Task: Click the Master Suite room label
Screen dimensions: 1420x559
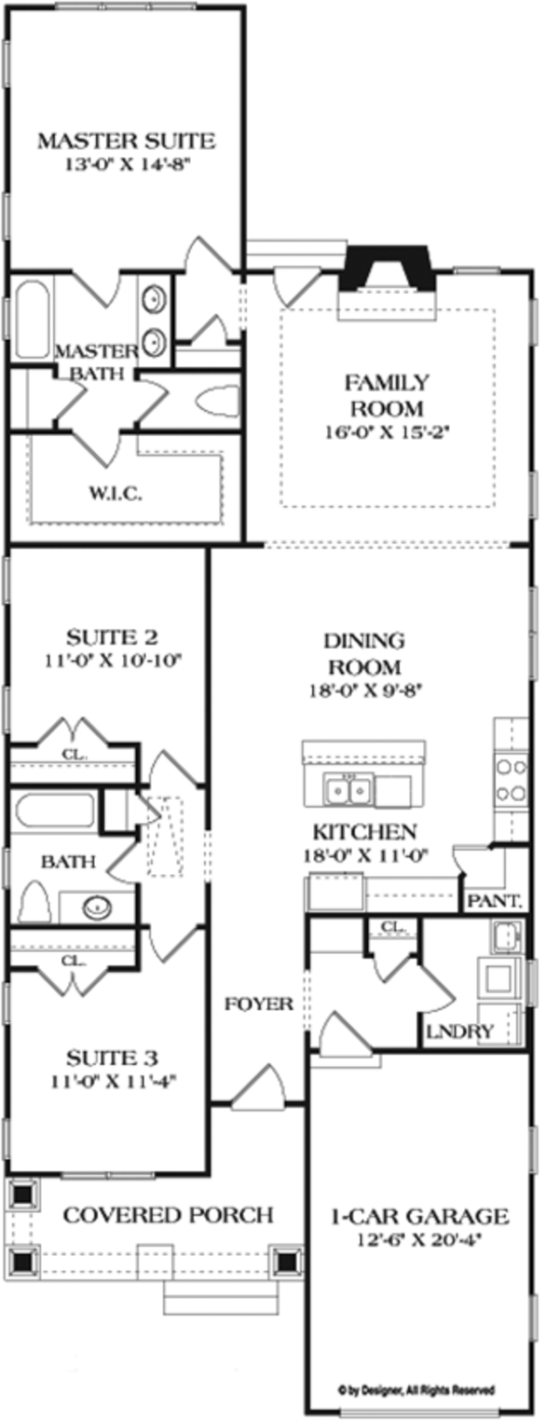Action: click(126, 142)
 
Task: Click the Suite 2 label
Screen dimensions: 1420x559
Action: click(112, 638)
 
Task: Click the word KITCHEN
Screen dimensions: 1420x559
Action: click(363, 832)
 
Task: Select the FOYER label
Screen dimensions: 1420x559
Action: click(259, 1004)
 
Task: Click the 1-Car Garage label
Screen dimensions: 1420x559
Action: click(421, 1216)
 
